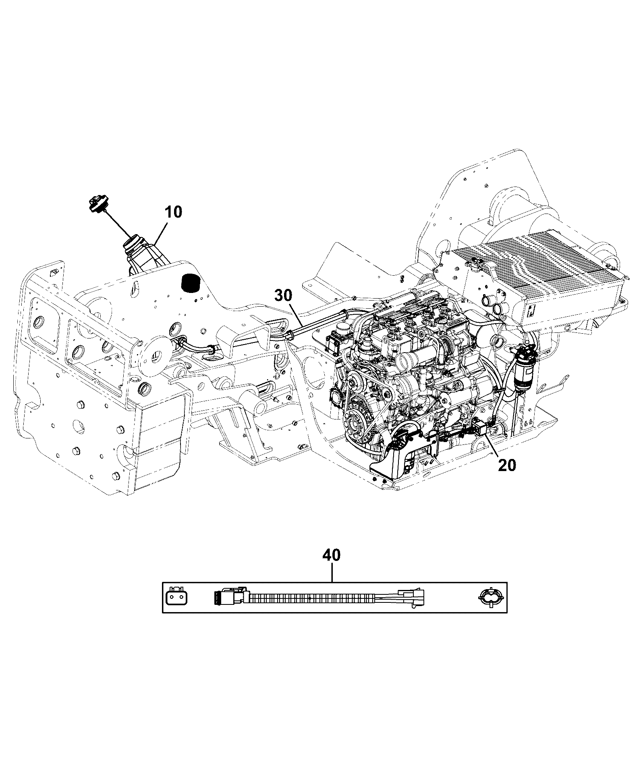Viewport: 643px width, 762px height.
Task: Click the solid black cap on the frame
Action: click(x=191, y=282)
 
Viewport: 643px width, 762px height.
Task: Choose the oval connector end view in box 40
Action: click(x=488, y=597)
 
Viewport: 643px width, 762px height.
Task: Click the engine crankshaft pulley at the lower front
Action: click(x=355, y=425)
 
